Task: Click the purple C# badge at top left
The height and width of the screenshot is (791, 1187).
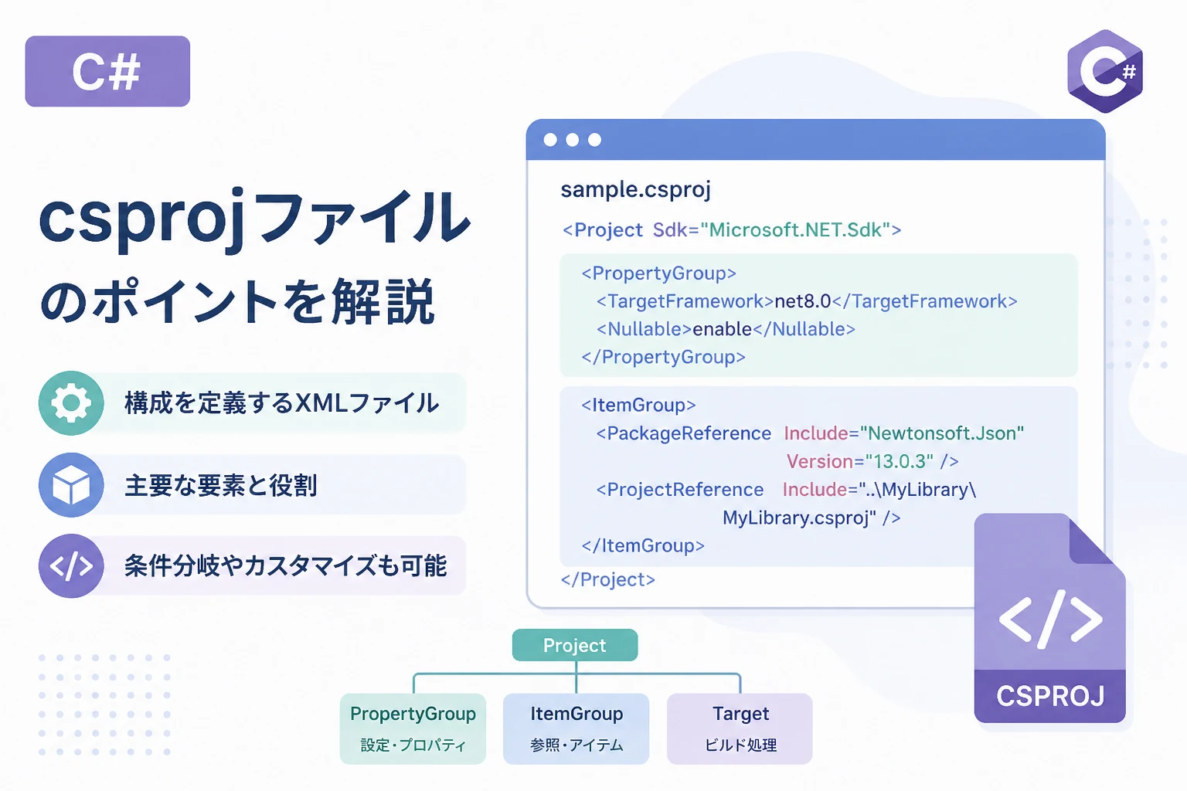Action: [107, 71]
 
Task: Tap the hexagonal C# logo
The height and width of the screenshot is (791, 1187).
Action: [1105, 71]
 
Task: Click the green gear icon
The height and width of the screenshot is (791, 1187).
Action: [71, 403]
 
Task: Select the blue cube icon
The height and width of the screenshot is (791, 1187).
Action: [71, 485]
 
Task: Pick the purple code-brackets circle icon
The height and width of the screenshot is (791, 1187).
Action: [71, 566]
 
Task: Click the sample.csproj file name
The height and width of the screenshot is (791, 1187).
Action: [636, 190]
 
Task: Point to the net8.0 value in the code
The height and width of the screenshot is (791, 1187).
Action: [803, 301]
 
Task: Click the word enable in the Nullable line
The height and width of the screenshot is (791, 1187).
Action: [723, 329]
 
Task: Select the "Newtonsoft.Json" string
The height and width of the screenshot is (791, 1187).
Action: [942, 433]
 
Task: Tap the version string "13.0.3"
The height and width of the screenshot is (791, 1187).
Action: [900, 461]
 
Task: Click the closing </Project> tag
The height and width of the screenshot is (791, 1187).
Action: [608, 579]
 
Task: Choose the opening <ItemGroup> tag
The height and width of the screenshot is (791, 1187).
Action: [638, 406]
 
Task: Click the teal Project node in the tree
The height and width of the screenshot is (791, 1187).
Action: [575, 645]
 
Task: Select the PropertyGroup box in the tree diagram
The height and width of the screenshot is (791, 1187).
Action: [413, 728]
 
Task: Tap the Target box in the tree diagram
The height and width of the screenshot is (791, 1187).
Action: [740, 728]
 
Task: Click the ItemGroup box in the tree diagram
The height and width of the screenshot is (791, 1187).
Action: [576, 728]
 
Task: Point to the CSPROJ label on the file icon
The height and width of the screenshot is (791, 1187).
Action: [1050, 696]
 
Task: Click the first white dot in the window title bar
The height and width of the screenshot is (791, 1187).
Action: [550, 140]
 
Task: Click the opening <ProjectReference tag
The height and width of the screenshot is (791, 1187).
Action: [680, 490]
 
